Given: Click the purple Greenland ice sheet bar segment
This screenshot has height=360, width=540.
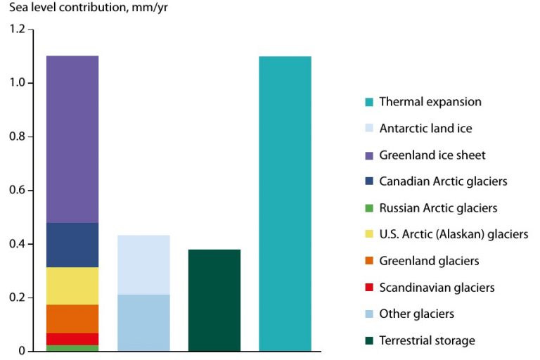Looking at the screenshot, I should click(72, 139).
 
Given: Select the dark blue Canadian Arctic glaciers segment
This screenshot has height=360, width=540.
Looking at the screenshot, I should click(72, 245).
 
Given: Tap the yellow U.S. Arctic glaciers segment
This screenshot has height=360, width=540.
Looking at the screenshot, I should click(72, 285).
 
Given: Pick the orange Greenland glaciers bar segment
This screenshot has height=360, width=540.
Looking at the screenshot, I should click(72, 319).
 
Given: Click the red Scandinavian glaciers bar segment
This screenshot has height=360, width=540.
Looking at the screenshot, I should click(72, 339).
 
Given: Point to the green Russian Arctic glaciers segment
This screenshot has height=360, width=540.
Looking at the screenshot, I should click(72, 348).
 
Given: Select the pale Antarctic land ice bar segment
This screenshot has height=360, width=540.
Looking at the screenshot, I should click(143, 264).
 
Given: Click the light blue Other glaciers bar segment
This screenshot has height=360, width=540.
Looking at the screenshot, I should click(143, 323).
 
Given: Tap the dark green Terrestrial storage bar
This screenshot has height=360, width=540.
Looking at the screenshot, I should click(214, 300).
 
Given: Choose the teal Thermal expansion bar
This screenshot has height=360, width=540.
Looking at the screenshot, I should click(285, 203).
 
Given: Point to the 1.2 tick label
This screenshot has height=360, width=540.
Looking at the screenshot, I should click(17, 30).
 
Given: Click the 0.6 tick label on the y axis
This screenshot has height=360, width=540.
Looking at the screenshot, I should click(17, 191).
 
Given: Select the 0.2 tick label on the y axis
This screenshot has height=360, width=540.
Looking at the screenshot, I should click(17, 297).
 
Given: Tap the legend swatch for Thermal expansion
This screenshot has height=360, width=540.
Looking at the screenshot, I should click(369, 102).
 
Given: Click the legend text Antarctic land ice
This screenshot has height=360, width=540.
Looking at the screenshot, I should click(425, 129).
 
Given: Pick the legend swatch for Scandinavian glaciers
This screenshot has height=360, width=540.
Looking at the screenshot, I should click(369, 288).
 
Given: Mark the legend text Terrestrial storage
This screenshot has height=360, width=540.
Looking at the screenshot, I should click(427, 341).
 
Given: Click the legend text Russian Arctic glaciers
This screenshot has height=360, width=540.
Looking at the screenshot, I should click(438, 208).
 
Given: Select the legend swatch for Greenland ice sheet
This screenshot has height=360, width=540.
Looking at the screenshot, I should click(369, 155).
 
